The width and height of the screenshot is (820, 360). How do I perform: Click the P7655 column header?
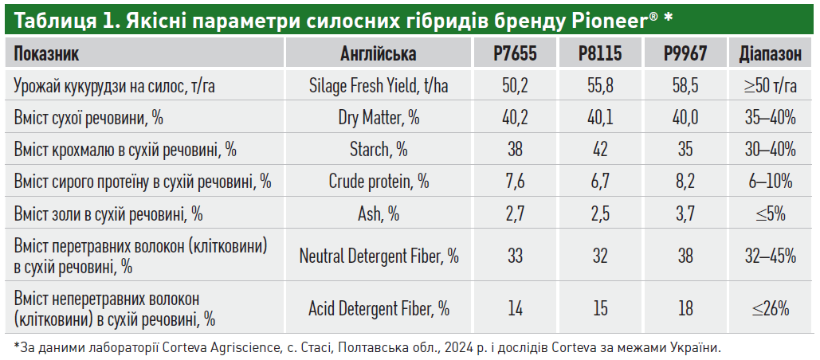pos(515,54)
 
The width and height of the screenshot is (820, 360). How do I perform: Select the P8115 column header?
pos(600,54)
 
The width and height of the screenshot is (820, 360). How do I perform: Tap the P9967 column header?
pos(685,54)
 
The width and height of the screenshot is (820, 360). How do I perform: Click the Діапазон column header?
pos(770,54)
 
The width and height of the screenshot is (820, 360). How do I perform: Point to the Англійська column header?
pos(379,54)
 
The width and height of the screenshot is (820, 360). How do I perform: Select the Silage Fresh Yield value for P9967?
pos(685,86)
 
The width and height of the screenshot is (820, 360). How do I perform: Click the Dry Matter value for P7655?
pos(515,118)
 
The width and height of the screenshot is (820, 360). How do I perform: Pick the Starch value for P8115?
pos(600,150)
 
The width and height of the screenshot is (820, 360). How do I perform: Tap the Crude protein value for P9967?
pos(685,182)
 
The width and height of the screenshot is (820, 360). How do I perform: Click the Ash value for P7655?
pos(515,213)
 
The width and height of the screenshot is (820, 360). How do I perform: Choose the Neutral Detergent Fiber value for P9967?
pos(685,256)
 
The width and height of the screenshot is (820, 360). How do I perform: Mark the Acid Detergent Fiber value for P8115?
pos(600,308)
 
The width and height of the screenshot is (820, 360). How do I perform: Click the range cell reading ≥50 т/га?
pos(770,86)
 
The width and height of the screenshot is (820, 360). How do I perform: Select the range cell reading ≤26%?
pos(770,308)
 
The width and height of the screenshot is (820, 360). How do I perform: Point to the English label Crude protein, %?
pos(379,182)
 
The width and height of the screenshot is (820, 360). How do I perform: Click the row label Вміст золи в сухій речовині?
pos(108,213)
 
